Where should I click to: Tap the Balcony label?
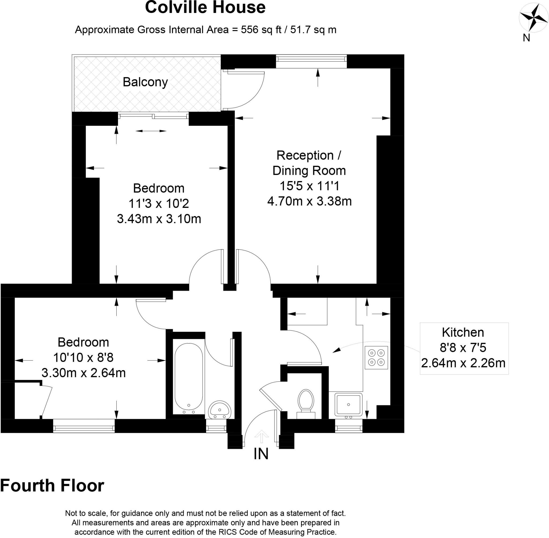pyautogui.click(x=145, y=82)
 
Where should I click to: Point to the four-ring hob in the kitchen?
pyautogui.click(x=376, y=358)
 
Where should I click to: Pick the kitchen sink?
pyautogui.click(x=348, y=405)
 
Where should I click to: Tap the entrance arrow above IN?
pyautogui.click(x=262, y=436)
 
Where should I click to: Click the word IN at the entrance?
pyautogui.click(x=261, y=454)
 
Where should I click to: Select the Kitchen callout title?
pyautogui.click(x=463, y=332)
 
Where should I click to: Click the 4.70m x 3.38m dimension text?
pyautogui.click(x=309, y=201)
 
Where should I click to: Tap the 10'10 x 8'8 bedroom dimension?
pyautogui.click(x=83, y=358)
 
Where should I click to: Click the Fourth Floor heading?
pyautogui.click(x=52, y=486)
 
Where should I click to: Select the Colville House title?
pyautogui.click(x=205, y=7)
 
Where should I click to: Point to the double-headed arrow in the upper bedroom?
pyautogui.click(x=151, y=131)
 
